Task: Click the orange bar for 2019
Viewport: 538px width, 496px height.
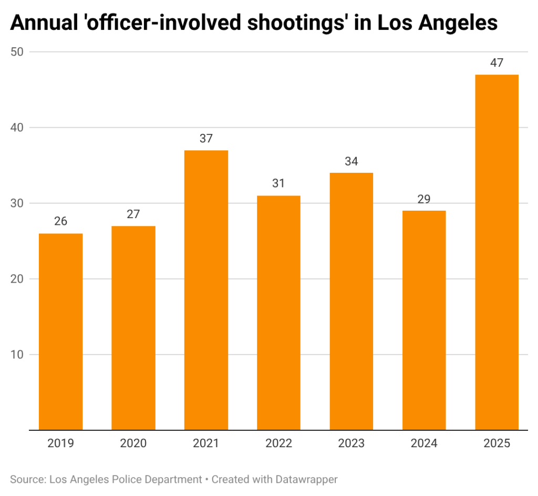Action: pos(61,331)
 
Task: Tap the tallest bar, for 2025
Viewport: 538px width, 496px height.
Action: pos(496,252)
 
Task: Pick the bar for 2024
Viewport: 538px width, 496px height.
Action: pos(424,320)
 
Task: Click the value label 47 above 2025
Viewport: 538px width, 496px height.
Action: pos(496,63)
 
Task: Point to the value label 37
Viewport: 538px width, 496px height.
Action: pos(206,138)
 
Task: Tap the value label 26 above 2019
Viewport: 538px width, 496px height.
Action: pos(61,221)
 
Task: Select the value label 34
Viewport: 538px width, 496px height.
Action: pos(351,161)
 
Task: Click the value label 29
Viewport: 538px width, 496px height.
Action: pos(424,199)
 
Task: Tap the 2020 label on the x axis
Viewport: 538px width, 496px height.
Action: pos(133,443)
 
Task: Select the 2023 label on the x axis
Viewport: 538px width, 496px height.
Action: pos(351,443)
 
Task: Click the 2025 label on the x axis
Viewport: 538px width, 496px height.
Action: pos(496,443)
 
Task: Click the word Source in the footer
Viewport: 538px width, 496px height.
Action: pos(26,479)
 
